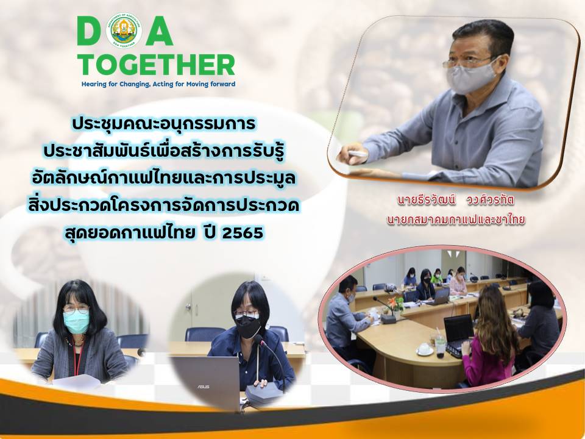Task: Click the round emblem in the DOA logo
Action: click(124, 30)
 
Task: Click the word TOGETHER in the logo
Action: click(156, 65)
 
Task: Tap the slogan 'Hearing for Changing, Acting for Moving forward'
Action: click(158, 84)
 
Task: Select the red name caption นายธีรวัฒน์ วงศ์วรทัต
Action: click(456, 201)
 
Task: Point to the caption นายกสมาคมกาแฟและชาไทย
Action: click(456, 220)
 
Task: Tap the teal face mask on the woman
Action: click(77, 321)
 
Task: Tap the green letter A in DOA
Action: click(159, 30)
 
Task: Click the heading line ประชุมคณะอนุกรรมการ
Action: click(164, 124)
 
